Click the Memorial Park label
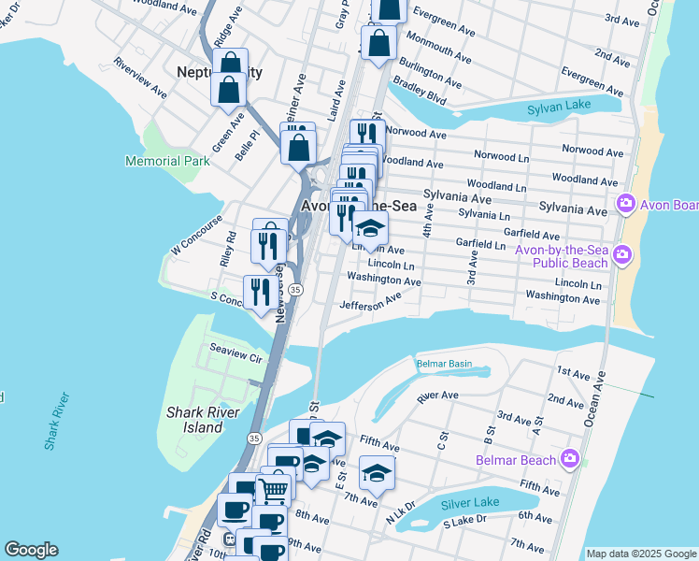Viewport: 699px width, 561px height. [167, 162]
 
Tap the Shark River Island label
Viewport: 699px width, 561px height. [194, 420]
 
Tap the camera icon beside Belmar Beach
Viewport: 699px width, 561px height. [570, 458]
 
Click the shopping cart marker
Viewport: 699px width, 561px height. [273, 487]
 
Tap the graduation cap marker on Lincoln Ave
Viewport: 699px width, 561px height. [370, 228]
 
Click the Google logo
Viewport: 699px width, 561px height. [31, 550]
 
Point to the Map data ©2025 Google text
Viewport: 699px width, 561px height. [640, 554]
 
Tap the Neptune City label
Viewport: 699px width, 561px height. [220, 72]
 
